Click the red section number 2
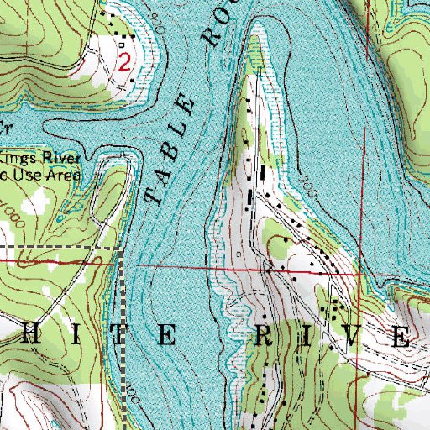click(124, 61)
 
